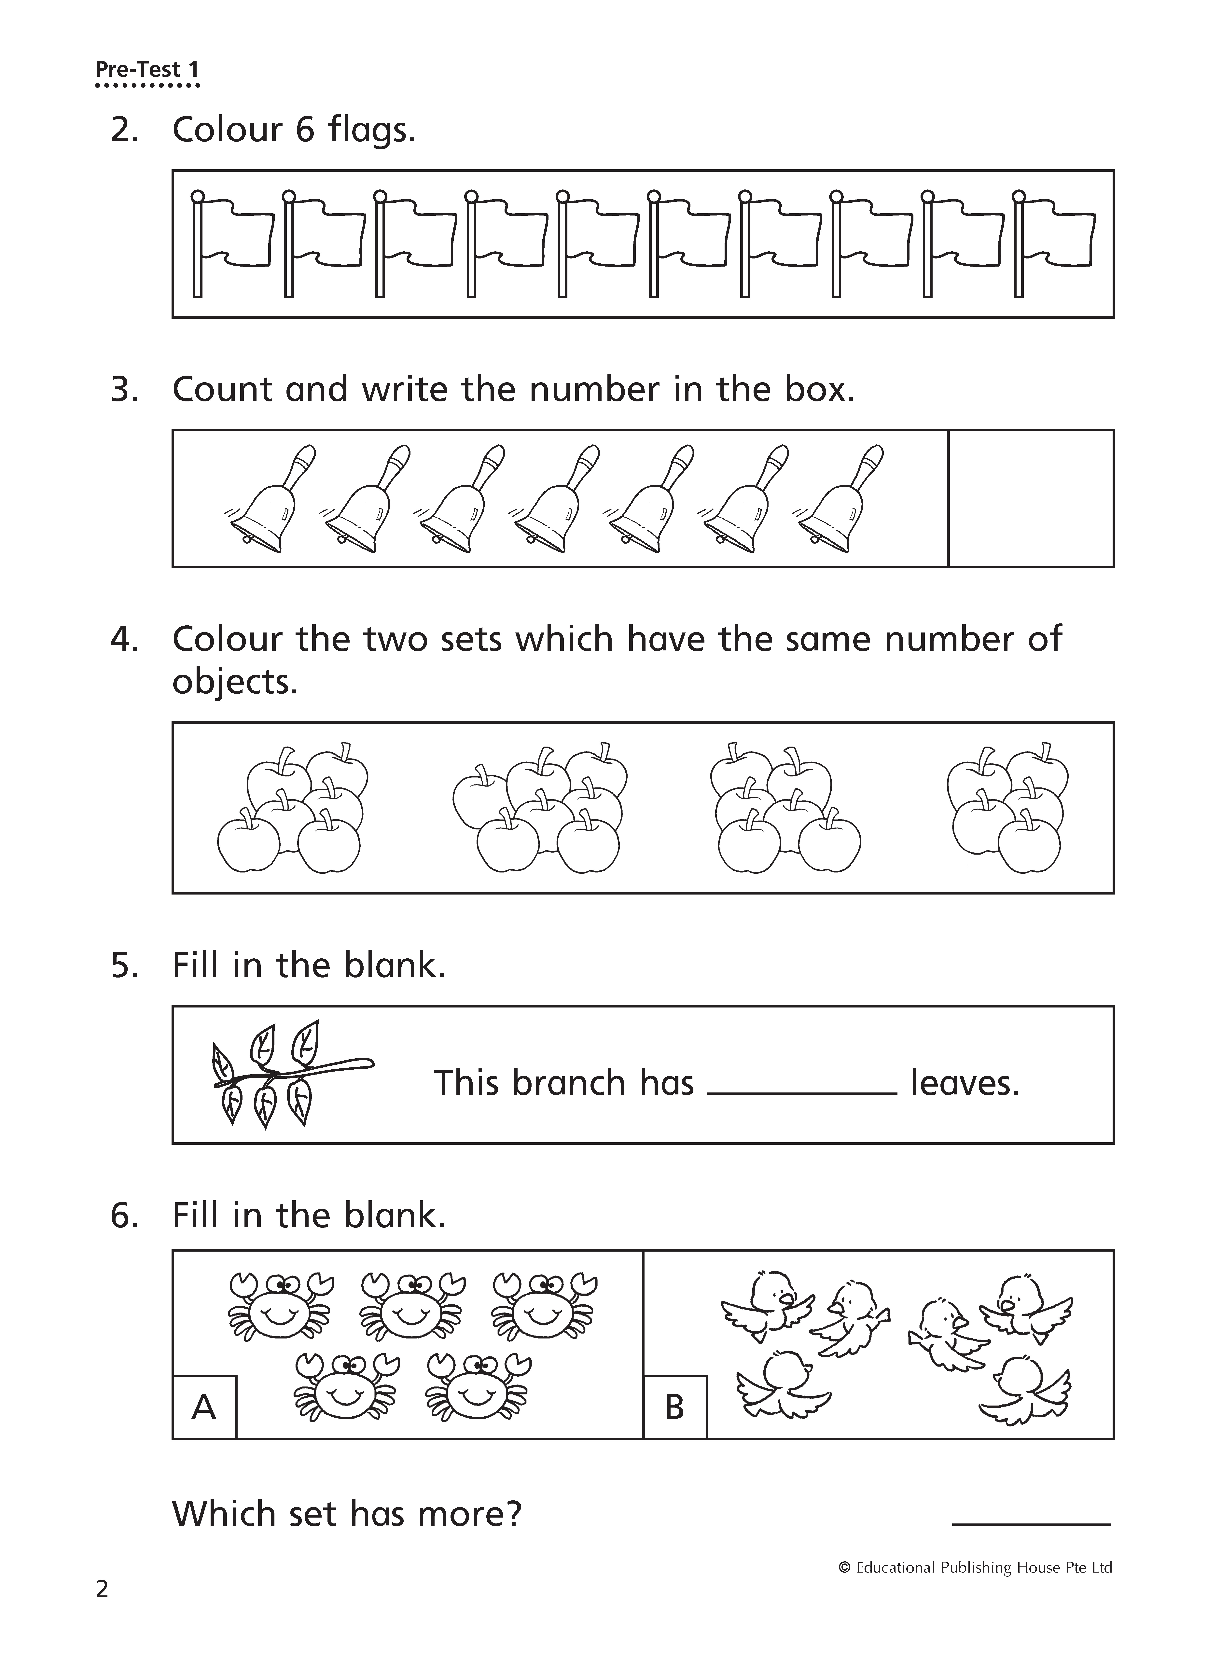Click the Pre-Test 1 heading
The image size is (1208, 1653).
147,70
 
